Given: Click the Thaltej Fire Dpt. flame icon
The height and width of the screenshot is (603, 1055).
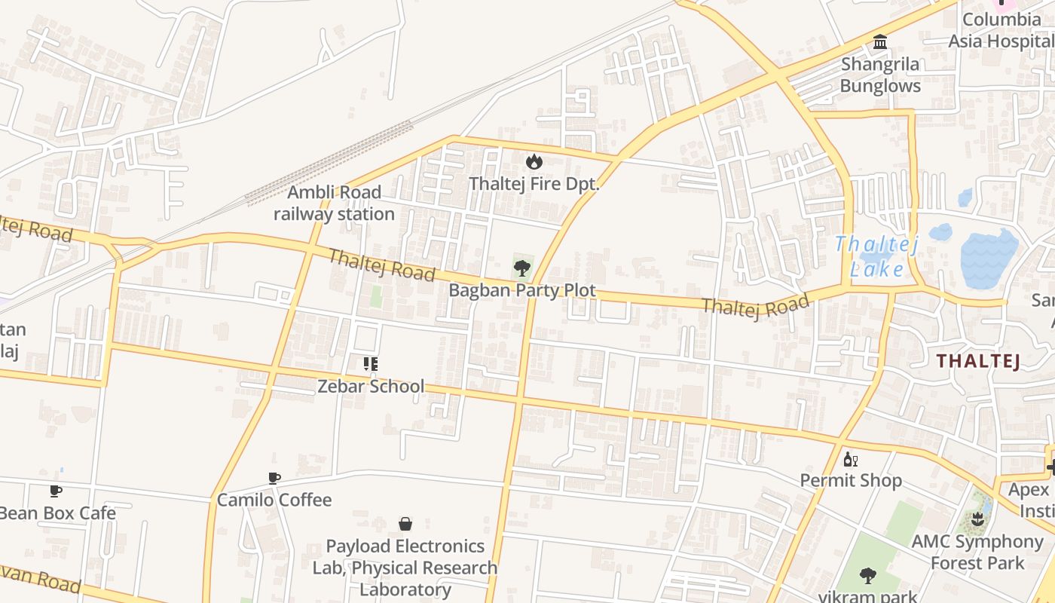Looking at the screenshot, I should (534, 161).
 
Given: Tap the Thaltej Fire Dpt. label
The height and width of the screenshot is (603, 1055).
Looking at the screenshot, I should (534, 184).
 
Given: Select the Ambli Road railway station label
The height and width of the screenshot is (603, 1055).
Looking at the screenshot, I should (334, 203).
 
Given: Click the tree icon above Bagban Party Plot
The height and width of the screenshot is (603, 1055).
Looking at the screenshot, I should (521, 268).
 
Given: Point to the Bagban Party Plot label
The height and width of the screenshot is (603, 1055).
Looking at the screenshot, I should (522, 290).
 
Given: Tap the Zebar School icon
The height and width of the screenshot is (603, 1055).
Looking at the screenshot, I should (370, 365).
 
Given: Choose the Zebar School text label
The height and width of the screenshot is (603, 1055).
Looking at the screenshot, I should (371, 387).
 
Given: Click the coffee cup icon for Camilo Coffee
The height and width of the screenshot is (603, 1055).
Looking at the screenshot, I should (274, 478).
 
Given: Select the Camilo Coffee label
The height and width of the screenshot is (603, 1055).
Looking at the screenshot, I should (274, 500).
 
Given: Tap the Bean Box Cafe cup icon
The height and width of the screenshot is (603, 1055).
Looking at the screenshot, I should (56, 491).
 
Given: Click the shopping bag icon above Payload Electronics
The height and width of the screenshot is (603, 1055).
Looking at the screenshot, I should (405, 524).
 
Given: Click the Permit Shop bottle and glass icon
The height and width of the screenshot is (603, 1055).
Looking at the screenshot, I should (851, 459).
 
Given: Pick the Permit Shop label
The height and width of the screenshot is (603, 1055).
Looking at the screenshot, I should (851, 481).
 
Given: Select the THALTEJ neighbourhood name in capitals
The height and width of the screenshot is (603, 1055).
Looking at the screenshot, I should (978, 361).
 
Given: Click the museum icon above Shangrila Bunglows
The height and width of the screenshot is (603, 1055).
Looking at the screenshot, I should (880, 42).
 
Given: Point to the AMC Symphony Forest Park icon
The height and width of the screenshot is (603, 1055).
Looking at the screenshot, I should (977, 519).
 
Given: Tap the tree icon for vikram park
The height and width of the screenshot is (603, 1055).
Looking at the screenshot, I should (868, 577).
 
